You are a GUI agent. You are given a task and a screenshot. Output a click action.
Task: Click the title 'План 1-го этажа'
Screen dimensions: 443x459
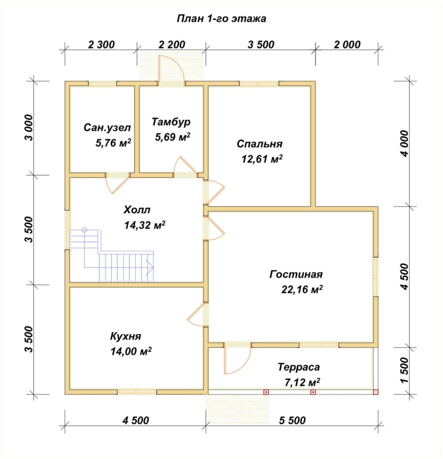(x=221, y=18)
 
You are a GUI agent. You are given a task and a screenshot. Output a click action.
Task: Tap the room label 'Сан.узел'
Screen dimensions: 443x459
(x=107, y=128)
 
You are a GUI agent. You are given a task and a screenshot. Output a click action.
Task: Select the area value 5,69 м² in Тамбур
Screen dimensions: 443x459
(x=173, y=136)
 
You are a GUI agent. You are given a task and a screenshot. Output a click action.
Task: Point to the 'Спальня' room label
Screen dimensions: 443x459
(x=259, y=144)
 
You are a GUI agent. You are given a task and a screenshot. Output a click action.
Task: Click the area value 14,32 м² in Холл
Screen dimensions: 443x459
(x=145, y=225)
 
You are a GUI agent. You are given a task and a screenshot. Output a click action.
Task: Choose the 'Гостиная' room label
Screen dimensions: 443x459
(x=296, y=274)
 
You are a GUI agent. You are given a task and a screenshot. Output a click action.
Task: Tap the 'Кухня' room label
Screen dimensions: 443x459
(x=126, y=336)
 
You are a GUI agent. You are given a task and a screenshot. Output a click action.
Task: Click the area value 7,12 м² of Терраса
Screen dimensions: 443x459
(x=302, y=382)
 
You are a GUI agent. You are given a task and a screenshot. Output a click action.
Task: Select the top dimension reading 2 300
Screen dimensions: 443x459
(x=101, y=45)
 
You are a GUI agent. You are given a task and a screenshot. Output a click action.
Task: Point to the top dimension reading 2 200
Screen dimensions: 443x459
(x=172, y=45)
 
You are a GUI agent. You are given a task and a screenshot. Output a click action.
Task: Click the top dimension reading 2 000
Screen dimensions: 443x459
(x=347, y=45)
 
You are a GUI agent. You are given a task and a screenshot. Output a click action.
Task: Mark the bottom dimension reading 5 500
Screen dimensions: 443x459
(x=292, y=421)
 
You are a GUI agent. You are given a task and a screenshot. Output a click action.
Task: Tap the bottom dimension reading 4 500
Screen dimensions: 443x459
(x=136, y=421)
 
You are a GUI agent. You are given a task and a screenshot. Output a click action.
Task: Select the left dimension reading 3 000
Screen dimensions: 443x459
(x=30, y=128)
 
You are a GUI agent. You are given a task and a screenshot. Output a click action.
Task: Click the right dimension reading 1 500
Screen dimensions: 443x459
(x=405, y=370)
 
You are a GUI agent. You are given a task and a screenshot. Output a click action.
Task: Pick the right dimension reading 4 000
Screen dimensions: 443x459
(x=405, y=143)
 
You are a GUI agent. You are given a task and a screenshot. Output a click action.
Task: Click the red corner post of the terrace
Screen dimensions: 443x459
(x=376, y=392)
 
